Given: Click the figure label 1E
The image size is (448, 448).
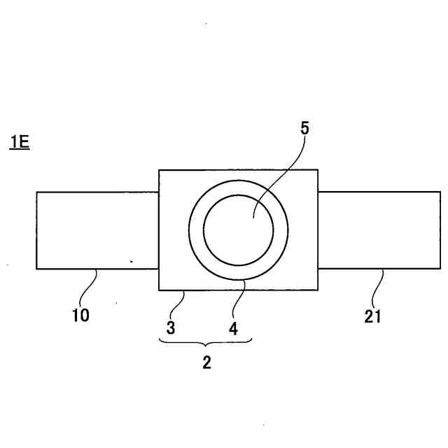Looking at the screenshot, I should point(19,143).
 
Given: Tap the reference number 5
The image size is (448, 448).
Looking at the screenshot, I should point(304,128).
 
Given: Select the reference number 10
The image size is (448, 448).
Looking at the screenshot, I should point(80,316).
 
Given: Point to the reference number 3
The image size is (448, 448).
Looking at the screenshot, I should point(171,327).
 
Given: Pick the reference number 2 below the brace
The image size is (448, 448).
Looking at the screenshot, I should point(206,363).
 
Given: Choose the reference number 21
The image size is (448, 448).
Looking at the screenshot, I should point(373,316).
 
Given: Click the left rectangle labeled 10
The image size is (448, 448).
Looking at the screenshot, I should point(97,230).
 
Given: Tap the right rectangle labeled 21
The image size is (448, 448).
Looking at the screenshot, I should point(379,230).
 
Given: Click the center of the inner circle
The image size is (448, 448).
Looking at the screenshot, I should point(238,230).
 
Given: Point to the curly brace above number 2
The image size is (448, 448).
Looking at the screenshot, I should point(205,342).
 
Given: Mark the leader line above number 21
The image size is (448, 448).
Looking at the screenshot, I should point(378,288).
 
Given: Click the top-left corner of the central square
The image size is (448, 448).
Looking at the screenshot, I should point(159,170).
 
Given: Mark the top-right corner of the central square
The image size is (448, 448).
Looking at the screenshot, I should point(318,170).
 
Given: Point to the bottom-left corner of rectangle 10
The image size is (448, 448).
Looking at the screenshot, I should point(36,269).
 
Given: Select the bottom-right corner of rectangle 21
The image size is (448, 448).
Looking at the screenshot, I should point(440,269).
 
